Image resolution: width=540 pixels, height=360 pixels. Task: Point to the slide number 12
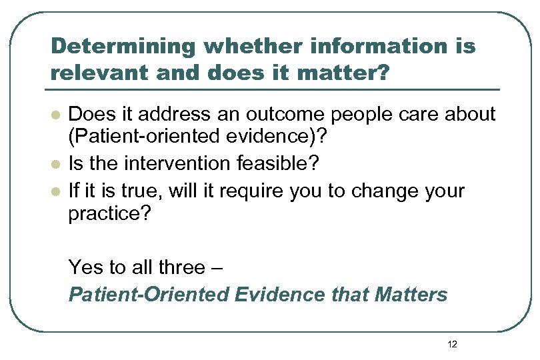[453, 345]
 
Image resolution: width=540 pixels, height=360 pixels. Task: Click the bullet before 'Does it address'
[55, 115]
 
